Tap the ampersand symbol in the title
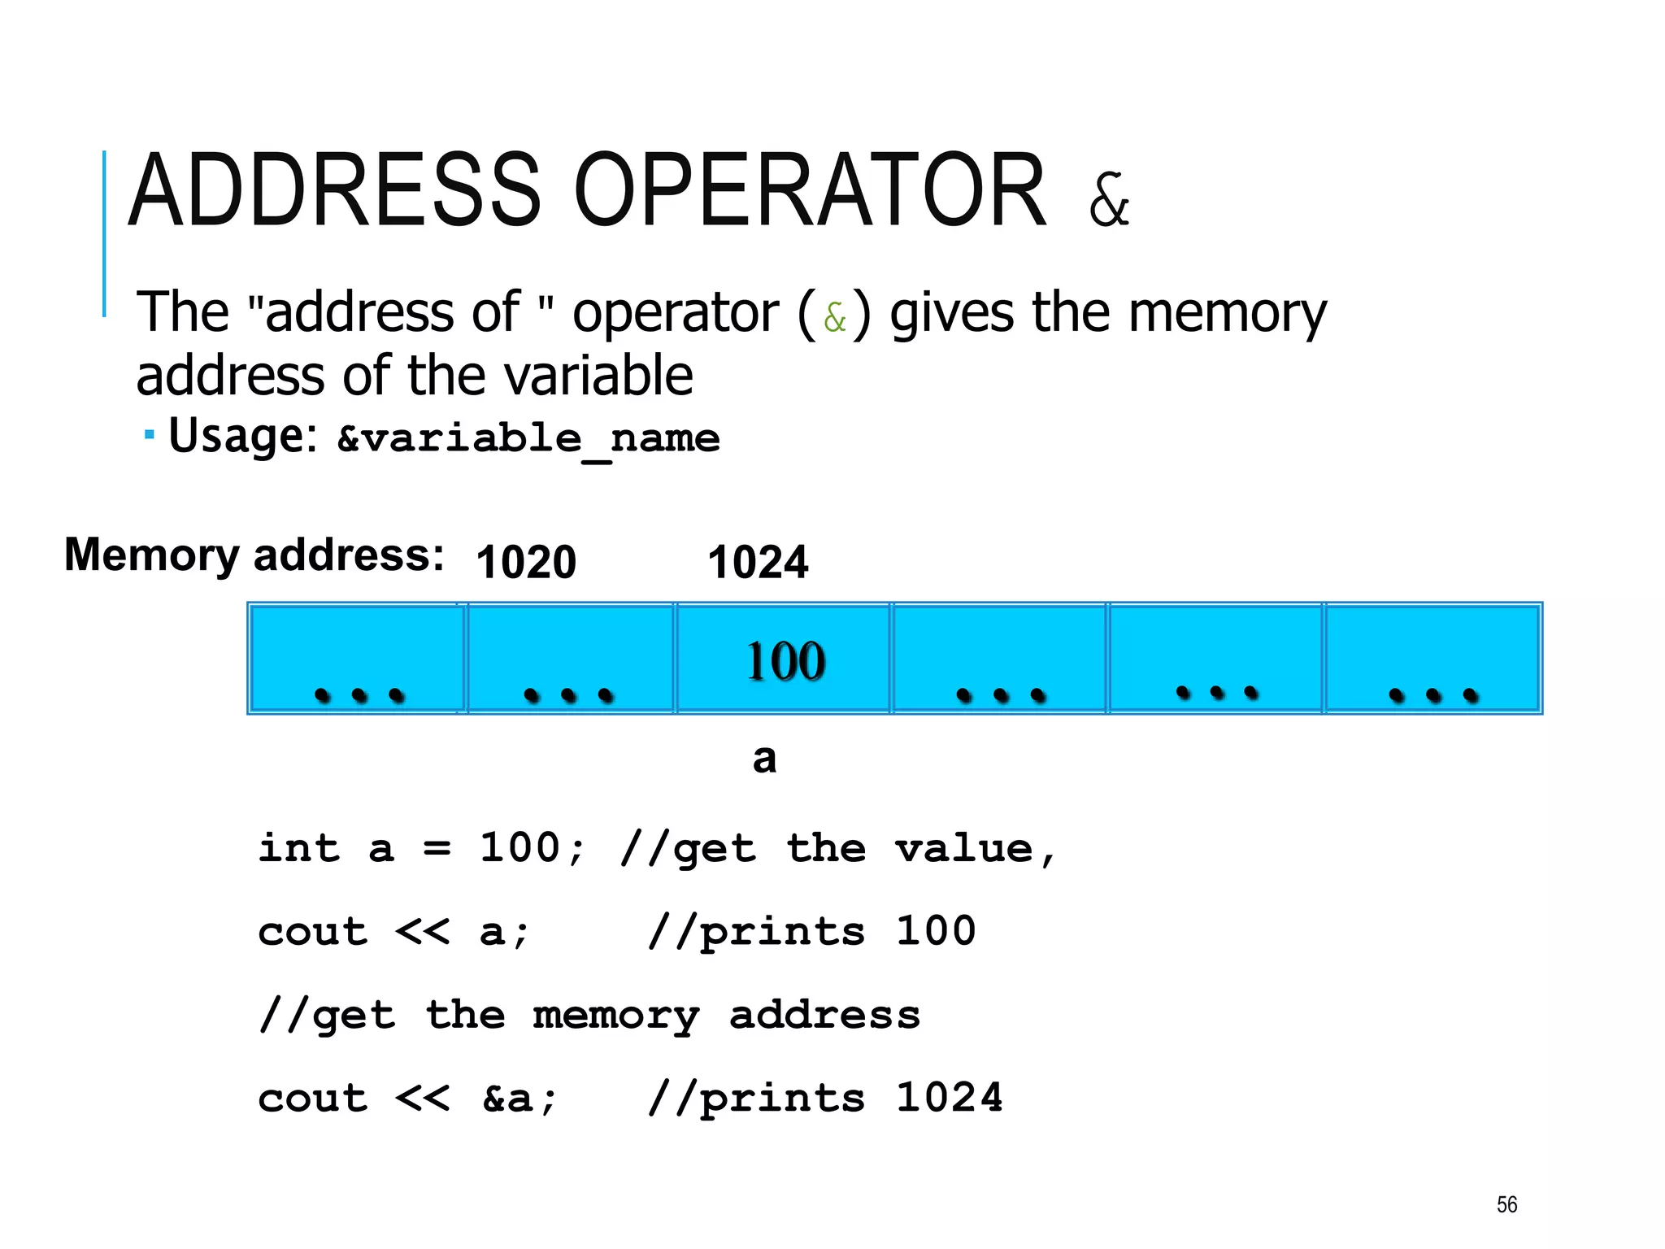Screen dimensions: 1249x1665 (x=1109, y=200)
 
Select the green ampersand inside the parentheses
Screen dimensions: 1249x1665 (x=835, y=317)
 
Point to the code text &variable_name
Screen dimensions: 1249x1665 (x=528, y=439)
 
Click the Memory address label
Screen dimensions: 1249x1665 (x=254, y=555)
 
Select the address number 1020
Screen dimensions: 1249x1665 (x=526, y=562)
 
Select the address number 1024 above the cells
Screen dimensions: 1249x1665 (x=758, y=562)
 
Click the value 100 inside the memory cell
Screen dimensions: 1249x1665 (x=785, y=660)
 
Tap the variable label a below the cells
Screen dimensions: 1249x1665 (x=764, y=759)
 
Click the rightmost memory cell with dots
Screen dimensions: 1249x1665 (x=1432, y=659)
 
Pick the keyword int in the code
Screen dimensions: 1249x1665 (x=298, y=848)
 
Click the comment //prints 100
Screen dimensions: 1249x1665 (x=811, y=931)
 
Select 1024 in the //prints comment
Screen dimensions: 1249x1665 (x=949, y=1098)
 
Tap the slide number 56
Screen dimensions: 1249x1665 (x=1506, y=1204)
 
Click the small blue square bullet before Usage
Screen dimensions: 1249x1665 (x=149, y=435)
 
